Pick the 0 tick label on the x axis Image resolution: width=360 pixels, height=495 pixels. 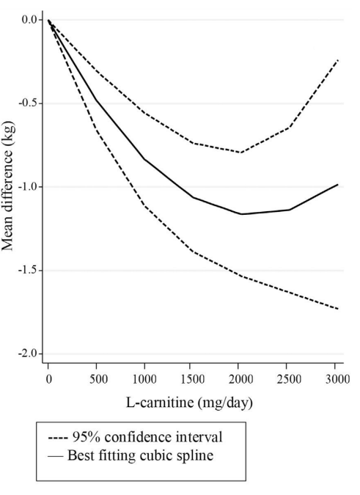pos(48,378)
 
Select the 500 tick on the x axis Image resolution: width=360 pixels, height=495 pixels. pos(96,378)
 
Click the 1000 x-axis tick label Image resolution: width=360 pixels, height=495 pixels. pos(144,378)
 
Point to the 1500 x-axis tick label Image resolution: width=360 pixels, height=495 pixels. pos(193,378)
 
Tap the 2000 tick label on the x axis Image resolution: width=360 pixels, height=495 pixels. pos(240,378)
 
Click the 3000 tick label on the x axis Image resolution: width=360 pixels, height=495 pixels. pos(337,378)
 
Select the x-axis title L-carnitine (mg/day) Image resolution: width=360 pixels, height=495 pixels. pos(192,404)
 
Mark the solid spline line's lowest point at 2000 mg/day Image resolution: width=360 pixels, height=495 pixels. pos(241,214)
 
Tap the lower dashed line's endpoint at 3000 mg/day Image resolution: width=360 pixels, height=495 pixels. pos(338,309)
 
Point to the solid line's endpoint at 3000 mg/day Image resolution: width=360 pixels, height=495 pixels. pos(338,185)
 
